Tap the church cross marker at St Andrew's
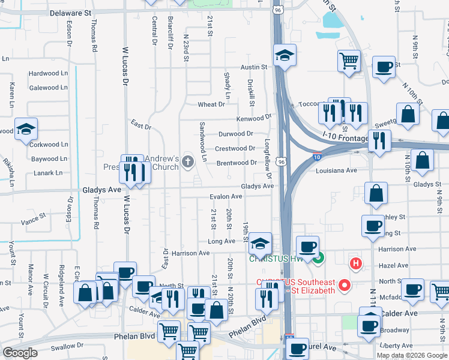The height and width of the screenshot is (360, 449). coord(188,161)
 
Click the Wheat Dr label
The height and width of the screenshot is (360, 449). coord(211,104)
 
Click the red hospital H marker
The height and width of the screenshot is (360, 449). coord(356,263)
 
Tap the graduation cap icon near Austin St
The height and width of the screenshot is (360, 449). coord(285,56)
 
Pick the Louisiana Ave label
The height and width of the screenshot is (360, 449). coord(336,171)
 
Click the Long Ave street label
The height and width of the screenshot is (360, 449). coord(221,241)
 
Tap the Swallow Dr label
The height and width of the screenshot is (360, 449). coord(67,346)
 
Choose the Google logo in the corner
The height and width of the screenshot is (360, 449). coord(20,353)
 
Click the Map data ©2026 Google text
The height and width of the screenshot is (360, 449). coord(411,355)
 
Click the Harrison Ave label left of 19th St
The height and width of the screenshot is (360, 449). coord(190,253)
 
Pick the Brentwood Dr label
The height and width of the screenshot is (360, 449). coord(237,163)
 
